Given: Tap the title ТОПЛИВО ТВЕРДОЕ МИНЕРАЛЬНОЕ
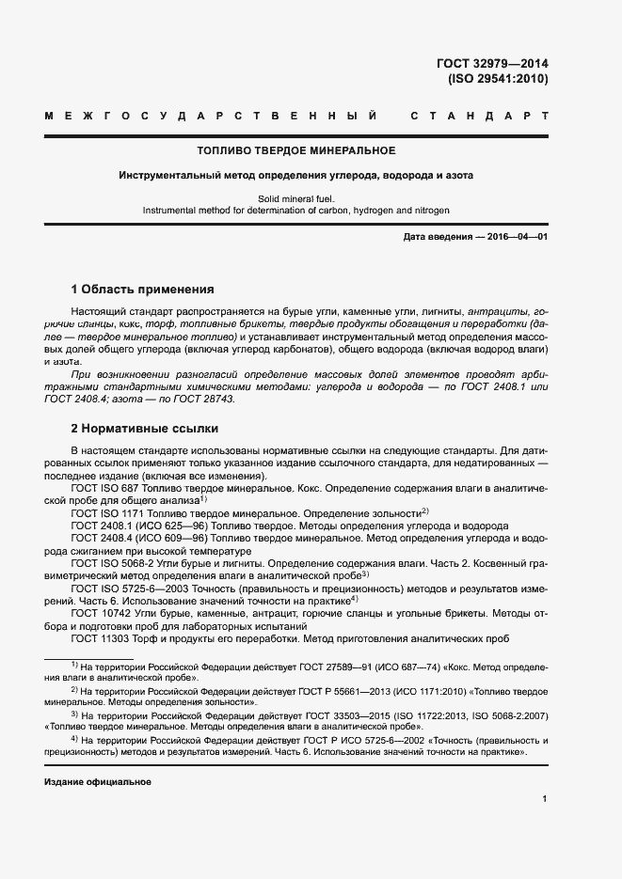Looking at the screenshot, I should [x=295, y=150].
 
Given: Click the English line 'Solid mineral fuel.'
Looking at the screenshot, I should [x=295, y=198].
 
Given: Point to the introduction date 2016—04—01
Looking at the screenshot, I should [x=517, y=237].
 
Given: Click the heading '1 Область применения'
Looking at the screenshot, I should [x=143, y=289].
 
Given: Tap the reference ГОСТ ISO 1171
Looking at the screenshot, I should [x=107, y=513].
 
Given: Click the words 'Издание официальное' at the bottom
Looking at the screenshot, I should [x=97, y=782].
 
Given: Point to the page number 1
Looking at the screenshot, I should [x=544, y=799].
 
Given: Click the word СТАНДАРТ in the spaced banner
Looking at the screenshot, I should [x=478, y=116].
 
